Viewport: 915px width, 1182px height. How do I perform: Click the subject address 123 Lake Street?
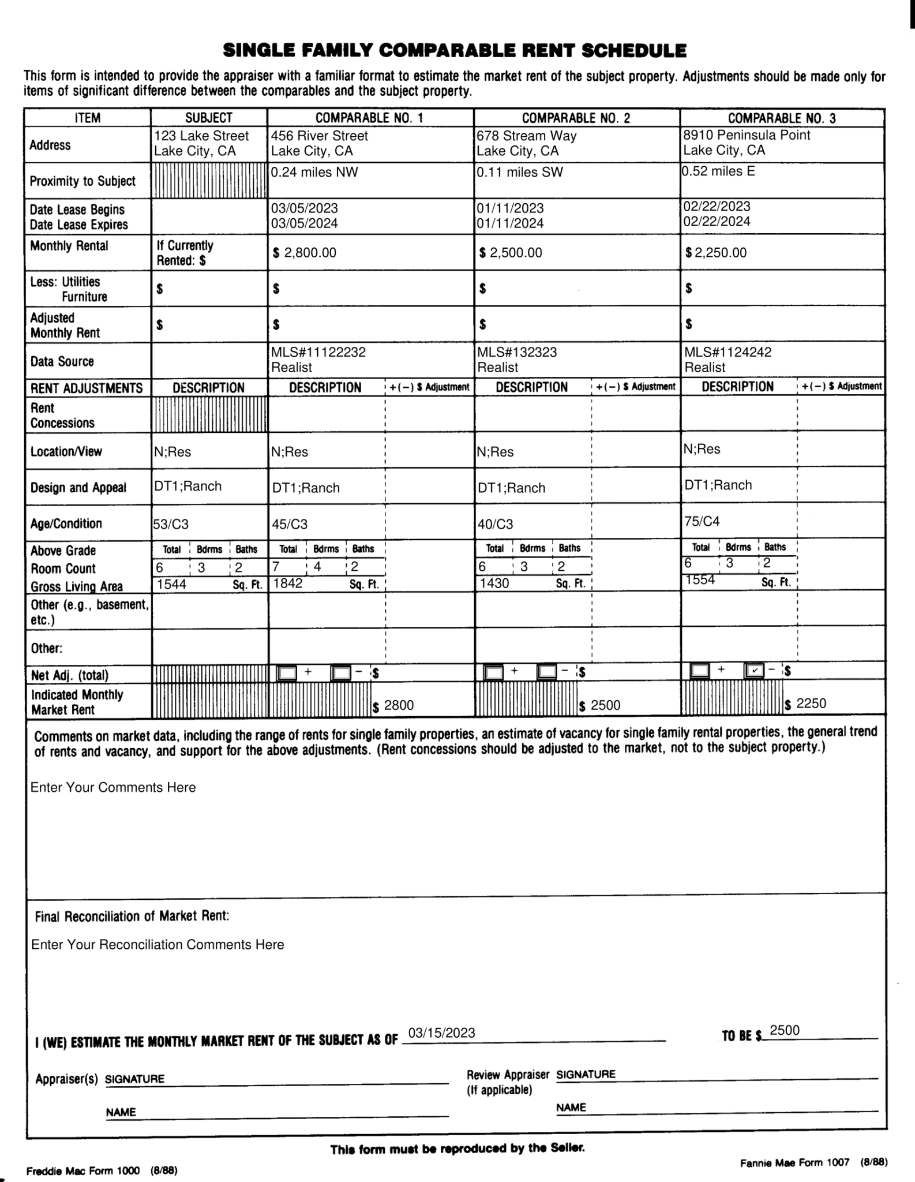click(x=201, y=136)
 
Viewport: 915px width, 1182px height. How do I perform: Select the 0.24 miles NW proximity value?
click(x=314, y=172)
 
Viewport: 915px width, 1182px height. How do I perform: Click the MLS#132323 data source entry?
click(x=517, y=352)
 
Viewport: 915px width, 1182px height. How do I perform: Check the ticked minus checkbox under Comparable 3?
click(x=754, y=670)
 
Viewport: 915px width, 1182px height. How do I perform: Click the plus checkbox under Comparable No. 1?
click(x=287, y=673)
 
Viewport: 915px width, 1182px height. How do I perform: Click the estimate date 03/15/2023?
click(x=441, y=1033)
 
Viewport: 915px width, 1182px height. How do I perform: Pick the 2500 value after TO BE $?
click(x=785, y=1031)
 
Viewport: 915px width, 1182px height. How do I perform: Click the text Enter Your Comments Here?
click(x=113, y=787)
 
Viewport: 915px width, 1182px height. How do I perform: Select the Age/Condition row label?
click(x=66, y=523)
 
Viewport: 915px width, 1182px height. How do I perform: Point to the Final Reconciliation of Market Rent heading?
click(x=132, y=917)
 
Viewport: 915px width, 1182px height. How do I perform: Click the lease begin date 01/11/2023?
click(x=510, y=208)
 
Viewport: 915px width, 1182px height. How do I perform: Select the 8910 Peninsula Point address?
click(x=747, y=135)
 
